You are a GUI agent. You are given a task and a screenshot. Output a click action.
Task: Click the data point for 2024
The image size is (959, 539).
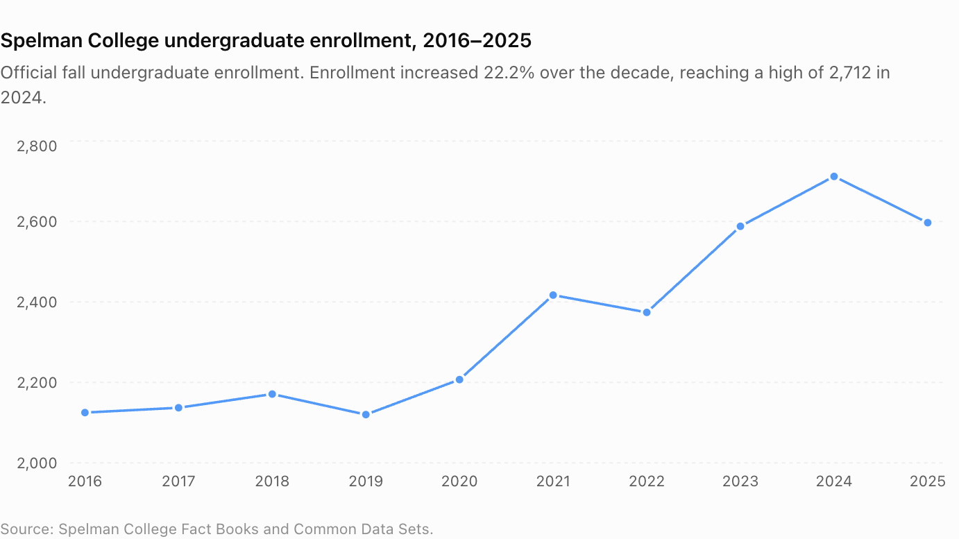[x=834, y=176]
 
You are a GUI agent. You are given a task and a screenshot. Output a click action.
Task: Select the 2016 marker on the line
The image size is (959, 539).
[x=85, y=413]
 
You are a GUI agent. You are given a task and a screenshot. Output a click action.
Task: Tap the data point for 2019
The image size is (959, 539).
[x=366, y=414]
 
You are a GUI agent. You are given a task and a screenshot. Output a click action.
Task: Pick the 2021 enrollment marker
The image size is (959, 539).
[x=553, y=295]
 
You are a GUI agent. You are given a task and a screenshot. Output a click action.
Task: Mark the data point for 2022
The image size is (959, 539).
[x=647, y=313]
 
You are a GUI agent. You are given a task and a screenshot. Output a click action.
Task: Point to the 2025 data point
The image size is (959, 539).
[x=928, y=223]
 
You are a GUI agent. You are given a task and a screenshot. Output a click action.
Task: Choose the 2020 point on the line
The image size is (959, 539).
[x=459, y=379]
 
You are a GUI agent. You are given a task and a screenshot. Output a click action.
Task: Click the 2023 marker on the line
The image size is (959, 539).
[x=740, y=226]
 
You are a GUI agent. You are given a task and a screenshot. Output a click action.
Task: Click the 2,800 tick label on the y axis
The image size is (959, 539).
[x=37, y=146]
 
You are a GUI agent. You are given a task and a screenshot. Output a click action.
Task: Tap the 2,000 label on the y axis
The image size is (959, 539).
[x=37, y=463]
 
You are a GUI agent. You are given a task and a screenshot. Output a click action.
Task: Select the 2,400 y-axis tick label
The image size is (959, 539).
[x=37, y=302]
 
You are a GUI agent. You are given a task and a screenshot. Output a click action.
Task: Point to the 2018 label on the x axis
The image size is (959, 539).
[x=272, y=481]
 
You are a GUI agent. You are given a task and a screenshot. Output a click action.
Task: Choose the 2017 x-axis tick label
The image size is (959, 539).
[x=178, y=481]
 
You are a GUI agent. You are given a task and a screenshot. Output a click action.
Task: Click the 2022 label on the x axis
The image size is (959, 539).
[x=647, y=481]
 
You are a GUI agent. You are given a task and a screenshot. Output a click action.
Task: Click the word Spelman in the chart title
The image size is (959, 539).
[x=42, y=41]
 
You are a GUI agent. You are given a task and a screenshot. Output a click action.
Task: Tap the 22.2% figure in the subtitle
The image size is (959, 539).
[x=509, y=73]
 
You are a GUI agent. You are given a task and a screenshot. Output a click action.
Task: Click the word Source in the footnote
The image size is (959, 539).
[x=27, y=529]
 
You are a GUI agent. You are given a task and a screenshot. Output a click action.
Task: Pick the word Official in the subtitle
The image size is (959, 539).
[x=28, y=73]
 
